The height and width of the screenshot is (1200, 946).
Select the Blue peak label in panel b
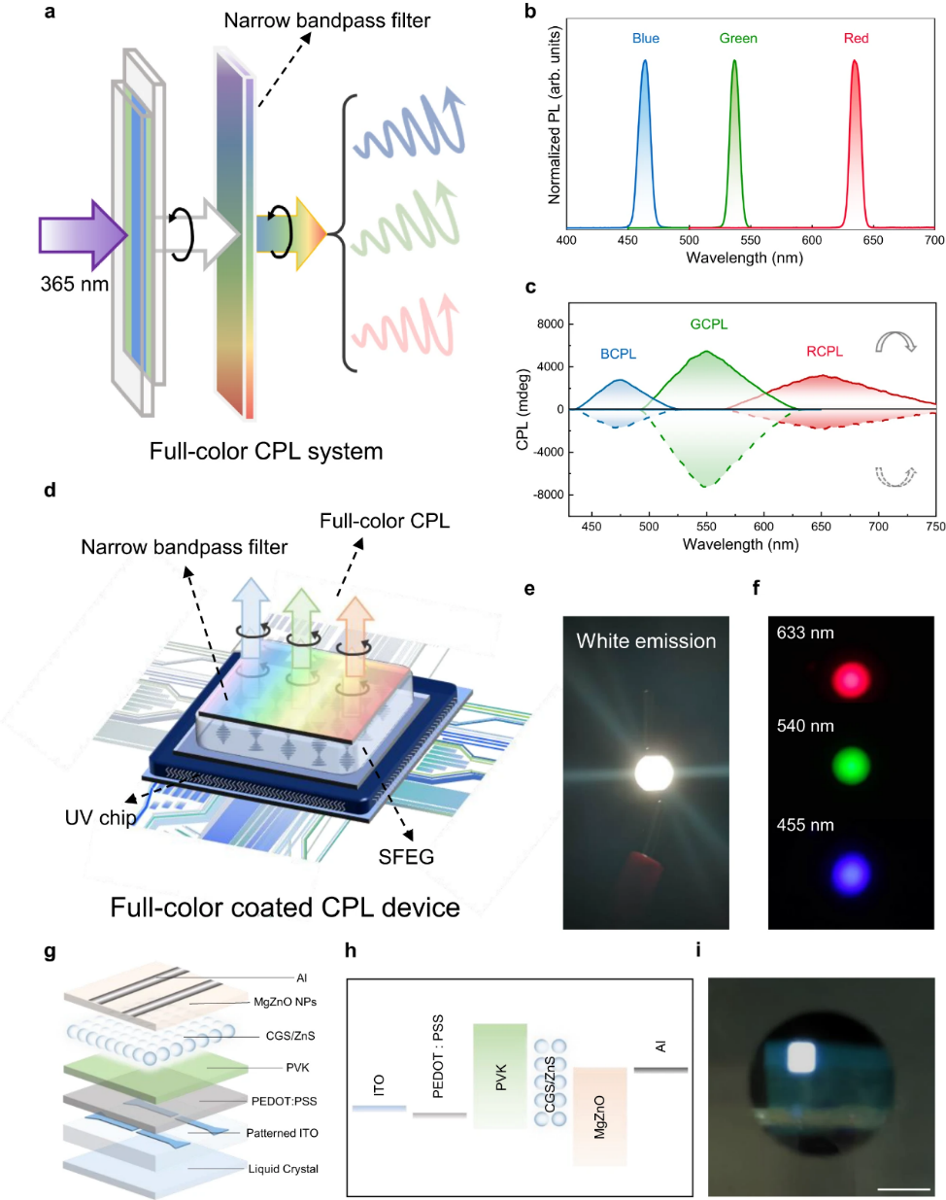(x=645, y=39)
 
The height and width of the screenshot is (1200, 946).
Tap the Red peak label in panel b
(x=856, y=39)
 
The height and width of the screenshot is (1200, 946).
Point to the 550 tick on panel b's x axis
(x=751, y=240)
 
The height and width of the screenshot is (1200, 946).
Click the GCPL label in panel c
(x=708, y=325)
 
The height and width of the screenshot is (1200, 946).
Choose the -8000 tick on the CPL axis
(x=548, y=495)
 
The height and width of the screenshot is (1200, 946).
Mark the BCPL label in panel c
(x=618, y=354)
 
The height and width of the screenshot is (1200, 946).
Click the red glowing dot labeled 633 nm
(x=851, y=679)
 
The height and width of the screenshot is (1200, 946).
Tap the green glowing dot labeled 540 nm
(x=851, y=767)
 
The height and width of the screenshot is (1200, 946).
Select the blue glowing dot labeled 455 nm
(x=851, y=874)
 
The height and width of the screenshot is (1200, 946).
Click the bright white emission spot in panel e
(x=653, y=772)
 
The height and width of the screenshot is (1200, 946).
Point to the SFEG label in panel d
(x=406, y=857)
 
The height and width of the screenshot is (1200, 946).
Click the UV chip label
(x=100, y=817)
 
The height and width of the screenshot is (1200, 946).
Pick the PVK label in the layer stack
(x=297, y=1068)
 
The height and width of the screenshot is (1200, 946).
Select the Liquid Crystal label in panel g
(x=283, y=1169)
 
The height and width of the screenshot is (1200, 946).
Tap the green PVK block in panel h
(x=500, y=1076)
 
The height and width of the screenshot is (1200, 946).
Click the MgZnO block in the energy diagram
(x=599, y=1116)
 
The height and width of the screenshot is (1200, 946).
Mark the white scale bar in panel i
(x=903, y=1187)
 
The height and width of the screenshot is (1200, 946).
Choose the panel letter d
(x=50, y=490)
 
